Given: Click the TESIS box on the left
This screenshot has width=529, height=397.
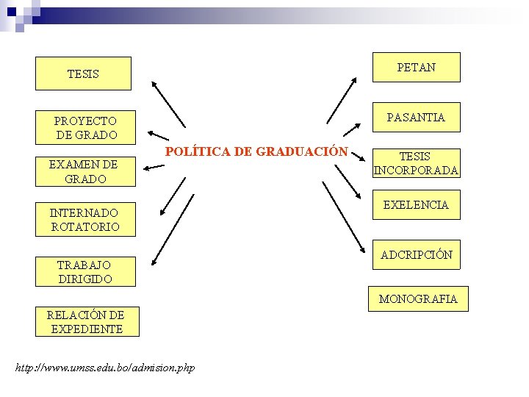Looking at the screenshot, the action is [x=83, y=74].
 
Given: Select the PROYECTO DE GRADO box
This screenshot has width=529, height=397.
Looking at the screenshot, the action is [x=85, y=127].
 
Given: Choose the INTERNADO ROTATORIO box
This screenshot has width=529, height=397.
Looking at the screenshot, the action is [x=85, y=220].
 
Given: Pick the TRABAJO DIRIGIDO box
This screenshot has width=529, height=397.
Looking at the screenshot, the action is [x=85, y=271].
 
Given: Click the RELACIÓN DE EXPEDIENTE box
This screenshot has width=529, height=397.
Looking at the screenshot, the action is [x=85, y=322].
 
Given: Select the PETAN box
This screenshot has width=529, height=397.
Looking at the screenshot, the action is [x=416, y=68].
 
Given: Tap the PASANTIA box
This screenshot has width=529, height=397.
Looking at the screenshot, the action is [x=416, y=117].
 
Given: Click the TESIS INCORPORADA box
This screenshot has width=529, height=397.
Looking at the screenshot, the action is [x=416, y=163].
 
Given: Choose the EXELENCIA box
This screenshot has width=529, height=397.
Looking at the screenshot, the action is [x=416, y=205].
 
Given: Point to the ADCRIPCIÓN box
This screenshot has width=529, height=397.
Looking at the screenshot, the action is [x=416, y=255].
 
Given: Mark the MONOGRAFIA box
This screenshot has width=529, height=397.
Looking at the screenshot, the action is [x=418, y=298].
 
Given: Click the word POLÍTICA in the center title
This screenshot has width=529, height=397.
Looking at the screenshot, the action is [x=196, y=151].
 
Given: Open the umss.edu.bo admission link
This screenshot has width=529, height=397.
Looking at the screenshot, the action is [x=105, y=367].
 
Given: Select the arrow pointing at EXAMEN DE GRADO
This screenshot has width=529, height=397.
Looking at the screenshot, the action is [x=154, y=168].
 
